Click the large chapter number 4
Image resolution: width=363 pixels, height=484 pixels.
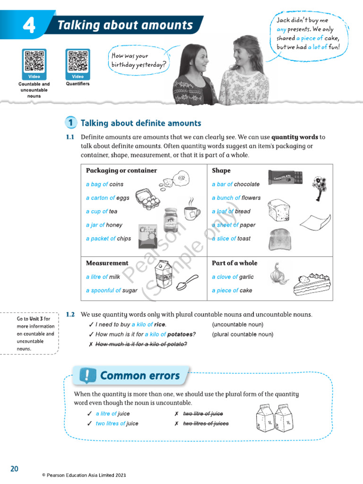pos(28,26)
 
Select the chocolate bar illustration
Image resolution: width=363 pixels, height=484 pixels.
pos(285,178)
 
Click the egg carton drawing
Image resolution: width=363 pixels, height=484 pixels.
pos(149,197)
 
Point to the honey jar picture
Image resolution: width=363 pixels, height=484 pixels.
pos(171,220)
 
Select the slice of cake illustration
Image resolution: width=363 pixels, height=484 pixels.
pos(311,285)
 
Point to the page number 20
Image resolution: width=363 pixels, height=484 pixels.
pos(14,468)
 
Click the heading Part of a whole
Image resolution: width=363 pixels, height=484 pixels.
pos(234,263)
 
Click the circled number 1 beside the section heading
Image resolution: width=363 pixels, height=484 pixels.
pos(70,123)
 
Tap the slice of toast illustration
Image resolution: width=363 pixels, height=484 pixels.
pos(279,240)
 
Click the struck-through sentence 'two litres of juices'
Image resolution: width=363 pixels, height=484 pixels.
pos(206,423)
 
